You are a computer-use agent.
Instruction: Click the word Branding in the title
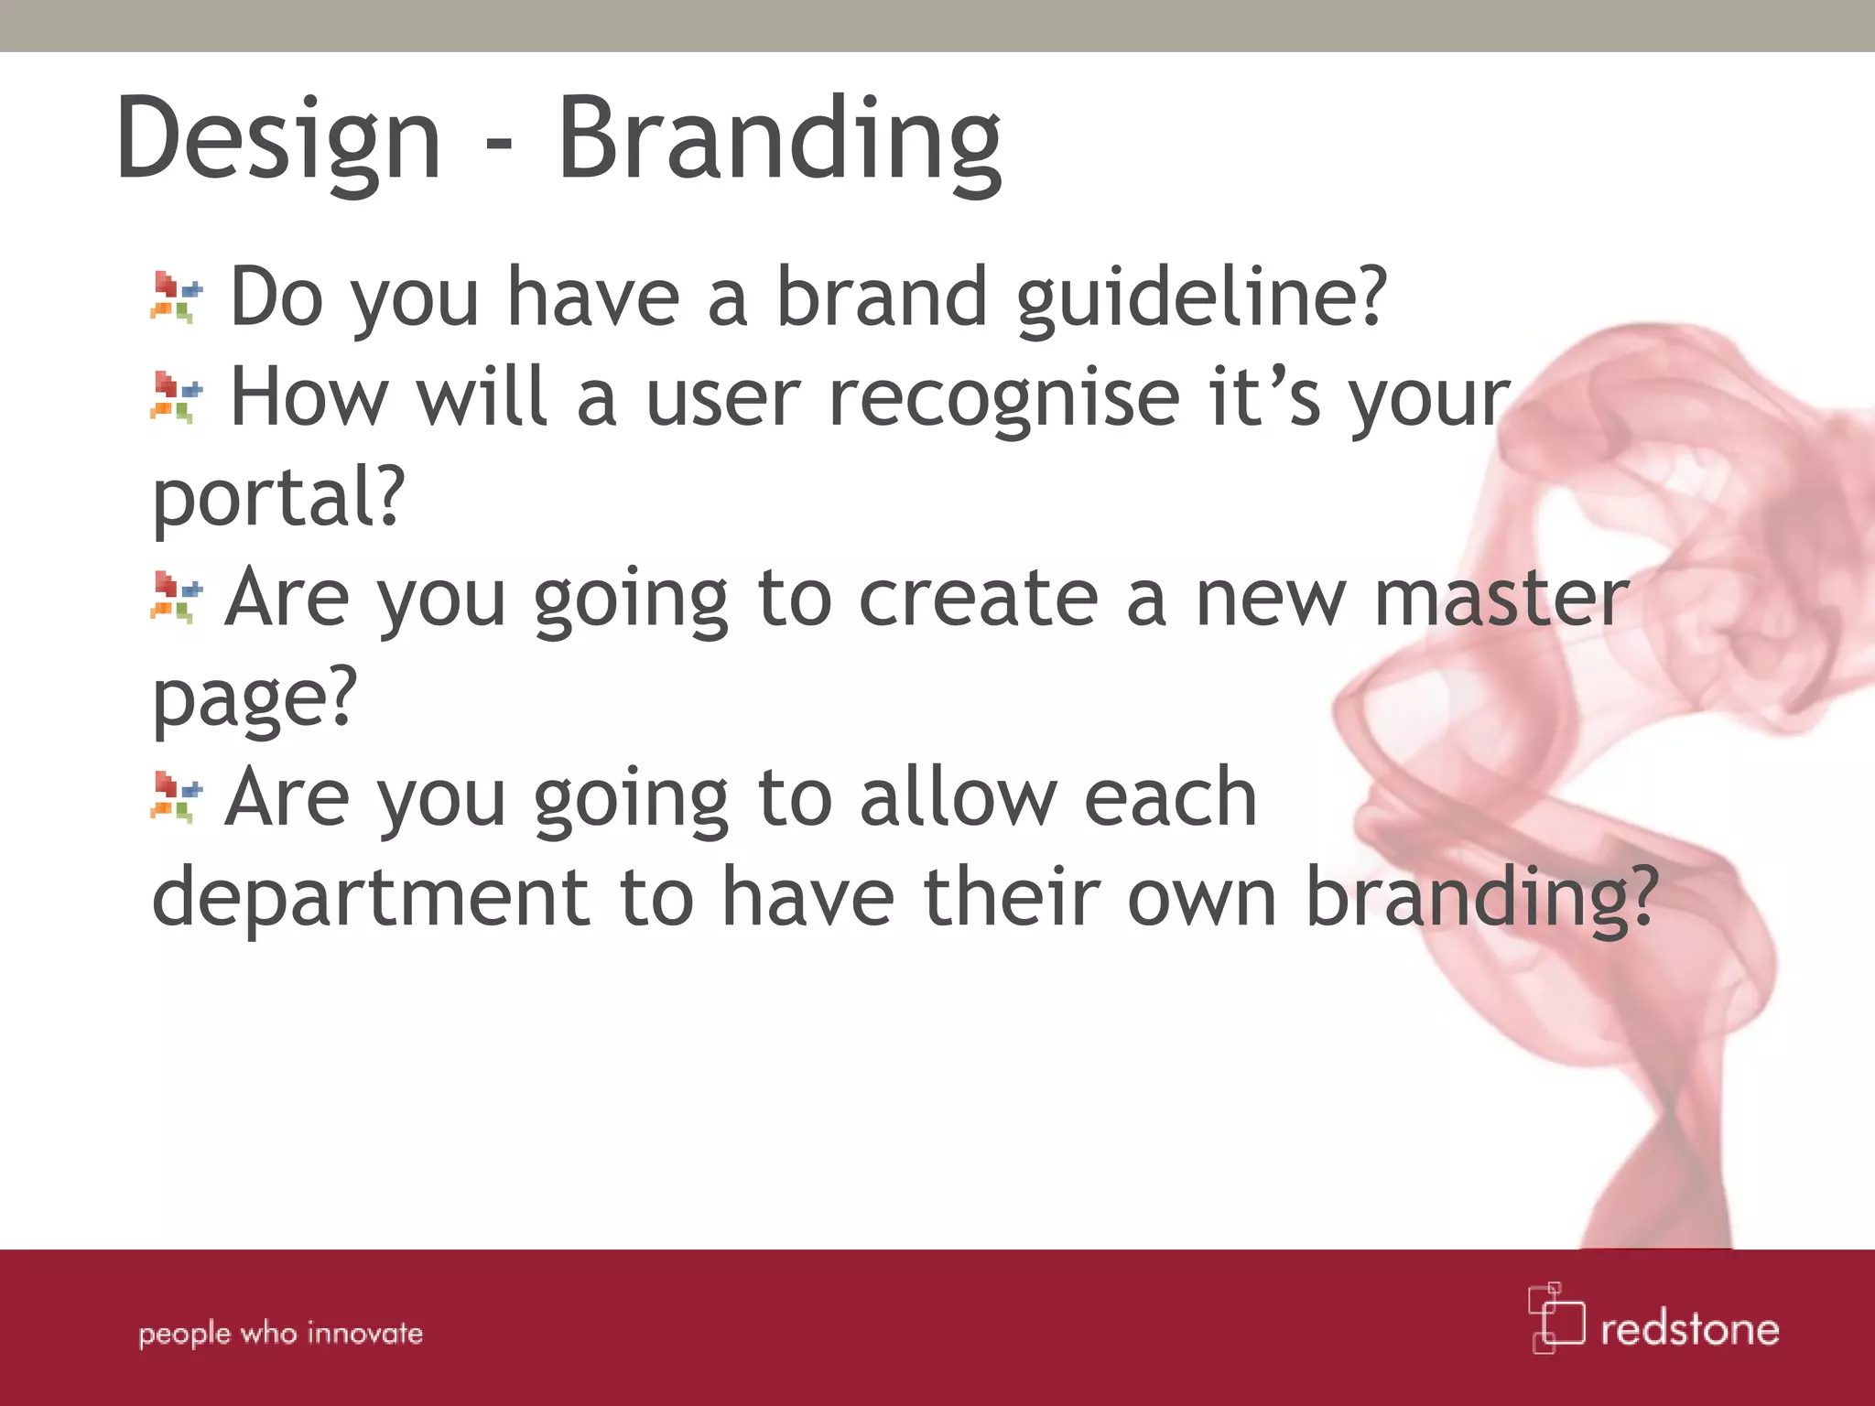[x=780, y=142]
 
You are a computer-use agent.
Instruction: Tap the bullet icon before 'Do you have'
[x=176, y=297]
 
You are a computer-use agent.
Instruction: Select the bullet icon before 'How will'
[x=176, y=397]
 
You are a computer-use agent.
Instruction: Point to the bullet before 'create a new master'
[x=176, y=597]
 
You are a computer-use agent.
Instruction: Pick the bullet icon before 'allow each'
[x=176, y=797]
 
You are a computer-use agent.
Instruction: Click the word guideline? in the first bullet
[x=1202, y=299]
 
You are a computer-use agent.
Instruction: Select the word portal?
[x=278, y=499]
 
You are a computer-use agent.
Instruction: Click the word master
[x=1501, y=600]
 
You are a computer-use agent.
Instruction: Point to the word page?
[x=255, y=700]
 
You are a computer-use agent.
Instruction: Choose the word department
[x=371, y=899]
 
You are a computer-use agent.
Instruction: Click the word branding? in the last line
[x=1480, y=899]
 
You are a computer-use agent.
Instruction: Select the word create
[x=978, y=600]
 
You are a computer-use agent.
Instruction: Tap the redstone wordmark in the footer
[x=1689, y=1329]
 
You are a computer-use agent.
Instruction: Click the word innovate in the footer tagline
[x=365, y=1333]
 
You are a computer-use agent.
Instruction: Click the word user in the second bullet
[x=723, y=400]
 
